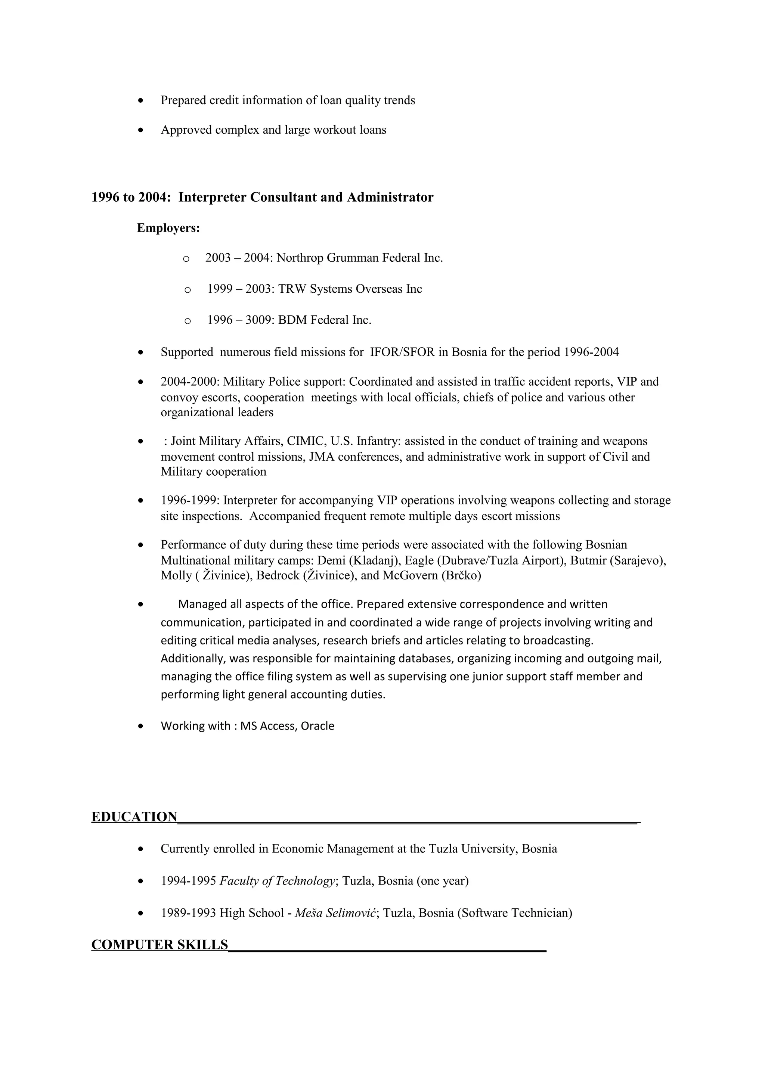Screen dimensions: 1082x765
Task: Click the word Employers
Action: click(167, 228)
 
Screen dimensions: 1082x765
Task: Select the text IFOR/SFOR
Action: click(402, 352)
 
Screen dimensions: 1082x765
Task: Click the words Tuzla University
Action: click(472, 849)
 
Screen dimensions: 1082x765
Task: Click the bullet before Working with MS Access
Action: click(140, 726)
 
